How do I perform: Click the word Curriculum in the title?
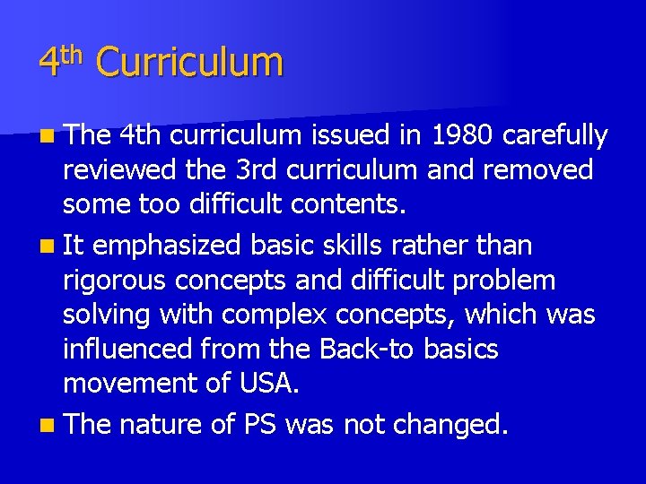click(189, 63)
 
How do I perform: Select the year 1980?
click(463, 135)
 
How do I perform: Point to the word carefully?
click(555, 136)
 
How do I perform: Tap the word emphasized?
click(168, 245)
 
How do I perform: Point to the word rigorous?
click(115, 281)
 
